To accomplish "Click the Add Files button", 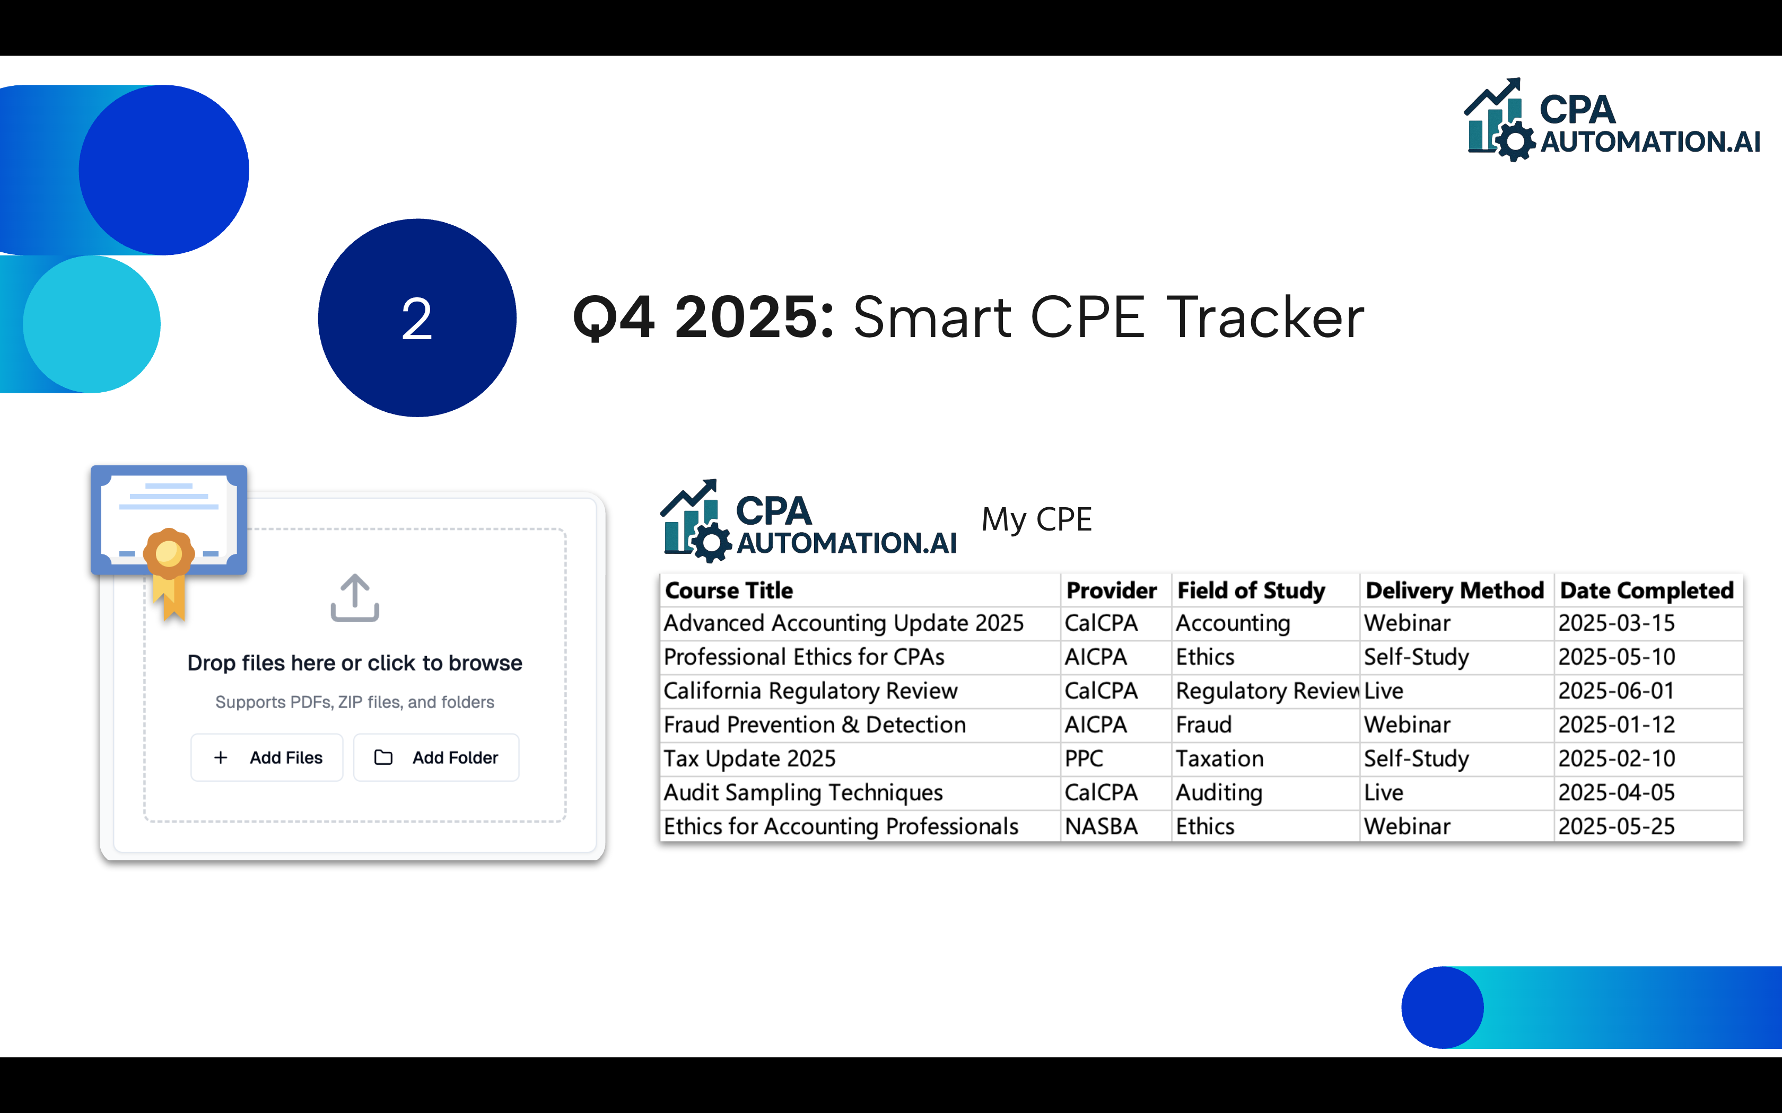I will (x=267, y=757).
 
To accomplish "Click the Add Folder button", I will (x=436, y=757).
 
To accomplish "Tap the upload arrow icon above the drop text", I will (x=354, y=598).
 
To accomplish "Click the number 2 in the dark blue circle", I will (x=417, y=319).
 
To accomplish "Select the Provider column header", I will (x=1111, y=590).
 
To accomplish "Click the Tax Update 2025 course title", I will (x=749, y=759).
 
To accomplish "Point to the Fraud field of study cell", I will (x=1203, y=725).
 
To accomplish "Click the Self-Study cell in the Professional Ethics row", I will (x=1416, y=657).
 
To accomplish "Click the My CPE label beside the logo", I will (x=1036, y=520).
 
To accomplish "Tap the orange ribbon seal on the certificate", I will (x=169, y=553).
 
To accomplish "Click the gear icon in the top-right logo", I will (x=1515, y=142).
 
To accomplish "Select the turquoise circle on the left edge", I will (x=91, y=324).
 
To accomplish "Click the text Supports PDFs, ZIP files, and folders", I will (x=354, y=702).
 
